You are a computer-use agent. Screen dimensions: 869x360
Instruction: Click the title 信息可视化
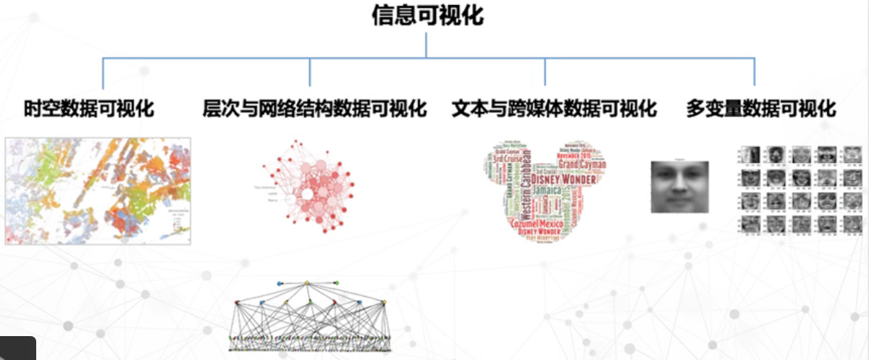tap(427, 17)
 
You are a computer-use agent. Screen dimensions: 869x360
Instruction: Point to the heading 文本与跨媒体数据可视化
tap(554, 109)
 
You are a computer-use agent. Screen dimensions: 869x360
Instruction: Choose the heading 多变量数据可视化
tap(760, 109)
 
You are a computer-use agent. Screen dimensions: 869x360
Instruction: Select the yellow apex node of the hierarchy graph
tap(307, 282)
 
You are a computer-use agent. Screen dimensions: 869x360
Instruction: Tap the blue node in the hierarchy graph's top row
tap(280, 282)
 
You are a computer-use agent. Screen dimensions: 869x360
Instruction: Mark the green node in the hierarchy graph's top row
tap(336, 282)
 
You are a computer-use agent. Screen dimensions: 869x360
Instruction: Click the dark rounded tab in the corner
tap(17, 348)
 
